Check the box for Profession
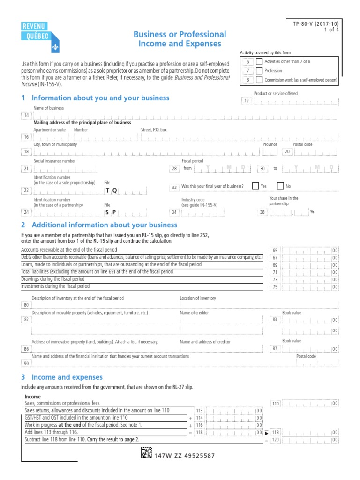(x=259, y=71)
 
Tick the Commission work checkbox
(x=259, y=80)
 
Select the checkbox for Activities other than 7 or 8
(x=259, y=62)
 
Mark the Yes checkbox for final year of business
(x=255, y=186)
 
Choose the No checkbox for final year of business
(x=280, y=186)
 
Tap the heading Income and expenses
(x=67, y=377)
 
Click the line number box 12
(x=246, y=101)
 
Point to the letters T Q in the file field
(x=112, y=190)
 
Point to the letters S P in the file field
(x=110, y=212)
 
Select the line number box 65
(x=275, y=251)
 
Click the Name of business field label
(x=48, y=108)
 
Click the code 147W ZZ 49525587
(x=185, y=455)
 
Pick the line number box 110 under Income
(x=275, y=404)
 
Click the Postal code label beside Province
(x=302, y=144)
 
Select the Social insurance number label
(x=54, y=161)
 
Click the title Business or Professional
(x=180, y=34)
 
